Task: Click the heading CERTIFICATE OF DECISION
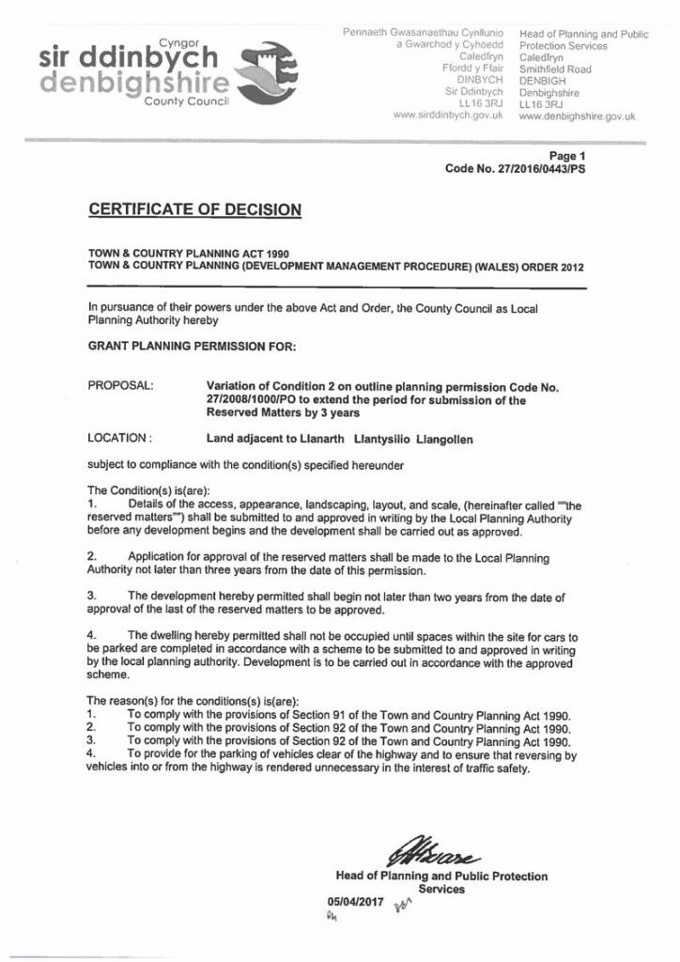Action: (x=194, y=209)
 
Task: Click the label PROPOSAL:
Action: (x=121, y=386)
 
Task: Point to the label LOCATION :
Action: (x=120, y=439)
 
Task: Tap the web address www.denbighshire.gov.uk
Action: (x=577, y=117)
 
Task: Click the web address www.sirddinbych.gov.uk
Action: (x=449, y=116)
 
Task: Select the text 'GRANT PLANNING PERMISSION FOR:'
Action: (x=192, y=346)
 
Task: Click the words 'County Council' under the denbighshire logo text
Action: (x=187, y=101)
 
